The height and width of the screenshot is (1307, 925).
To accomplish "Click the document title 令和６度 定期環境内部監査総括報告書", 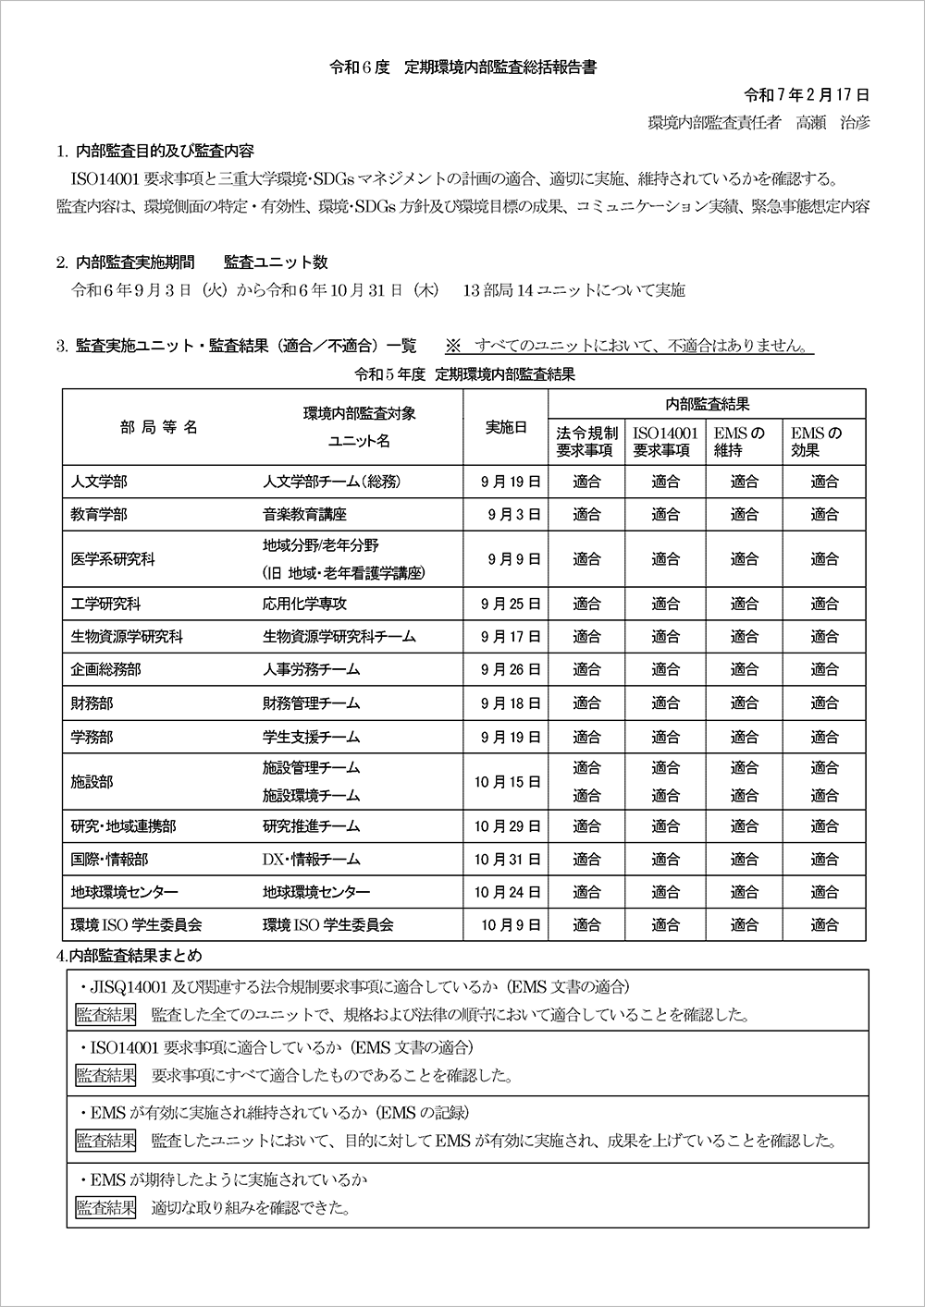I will [462, 67].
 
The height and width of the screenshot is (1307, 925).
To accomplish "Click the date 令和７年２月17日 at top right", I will [807, 95].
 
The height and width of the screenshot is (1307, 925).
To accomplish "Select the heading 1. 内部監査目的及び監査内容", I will [154, 151].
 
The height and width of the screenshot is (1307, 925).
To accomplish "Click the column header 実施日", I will [506, 427].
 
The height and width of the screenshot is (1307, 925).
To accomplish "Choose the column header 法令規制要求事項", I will [586, 442].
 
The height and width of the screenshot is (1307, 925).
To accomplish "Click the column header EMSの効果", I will [817, 442].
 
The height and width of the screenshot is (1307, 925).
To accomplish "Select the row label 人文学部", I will [99, 482].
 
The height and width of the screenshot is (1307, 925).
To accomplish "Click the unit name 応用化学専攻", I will [304, 605].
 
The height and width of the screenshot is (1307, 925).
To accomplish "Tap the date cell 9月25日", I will [511, 605].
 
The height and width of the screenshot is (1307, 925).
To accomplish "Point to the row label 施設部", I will [92, 782].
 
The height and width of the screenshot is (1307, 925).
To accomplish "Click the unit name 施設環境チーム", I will [311, 796].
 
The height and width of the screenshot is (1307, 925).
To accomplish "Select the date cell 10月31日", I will [507, 860].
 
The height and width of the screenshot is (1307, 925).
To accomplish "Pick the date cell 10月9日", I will [511, 924].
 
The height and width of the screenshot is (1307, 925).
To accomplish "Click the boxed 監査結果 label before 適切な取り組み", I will [105, 1207].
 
